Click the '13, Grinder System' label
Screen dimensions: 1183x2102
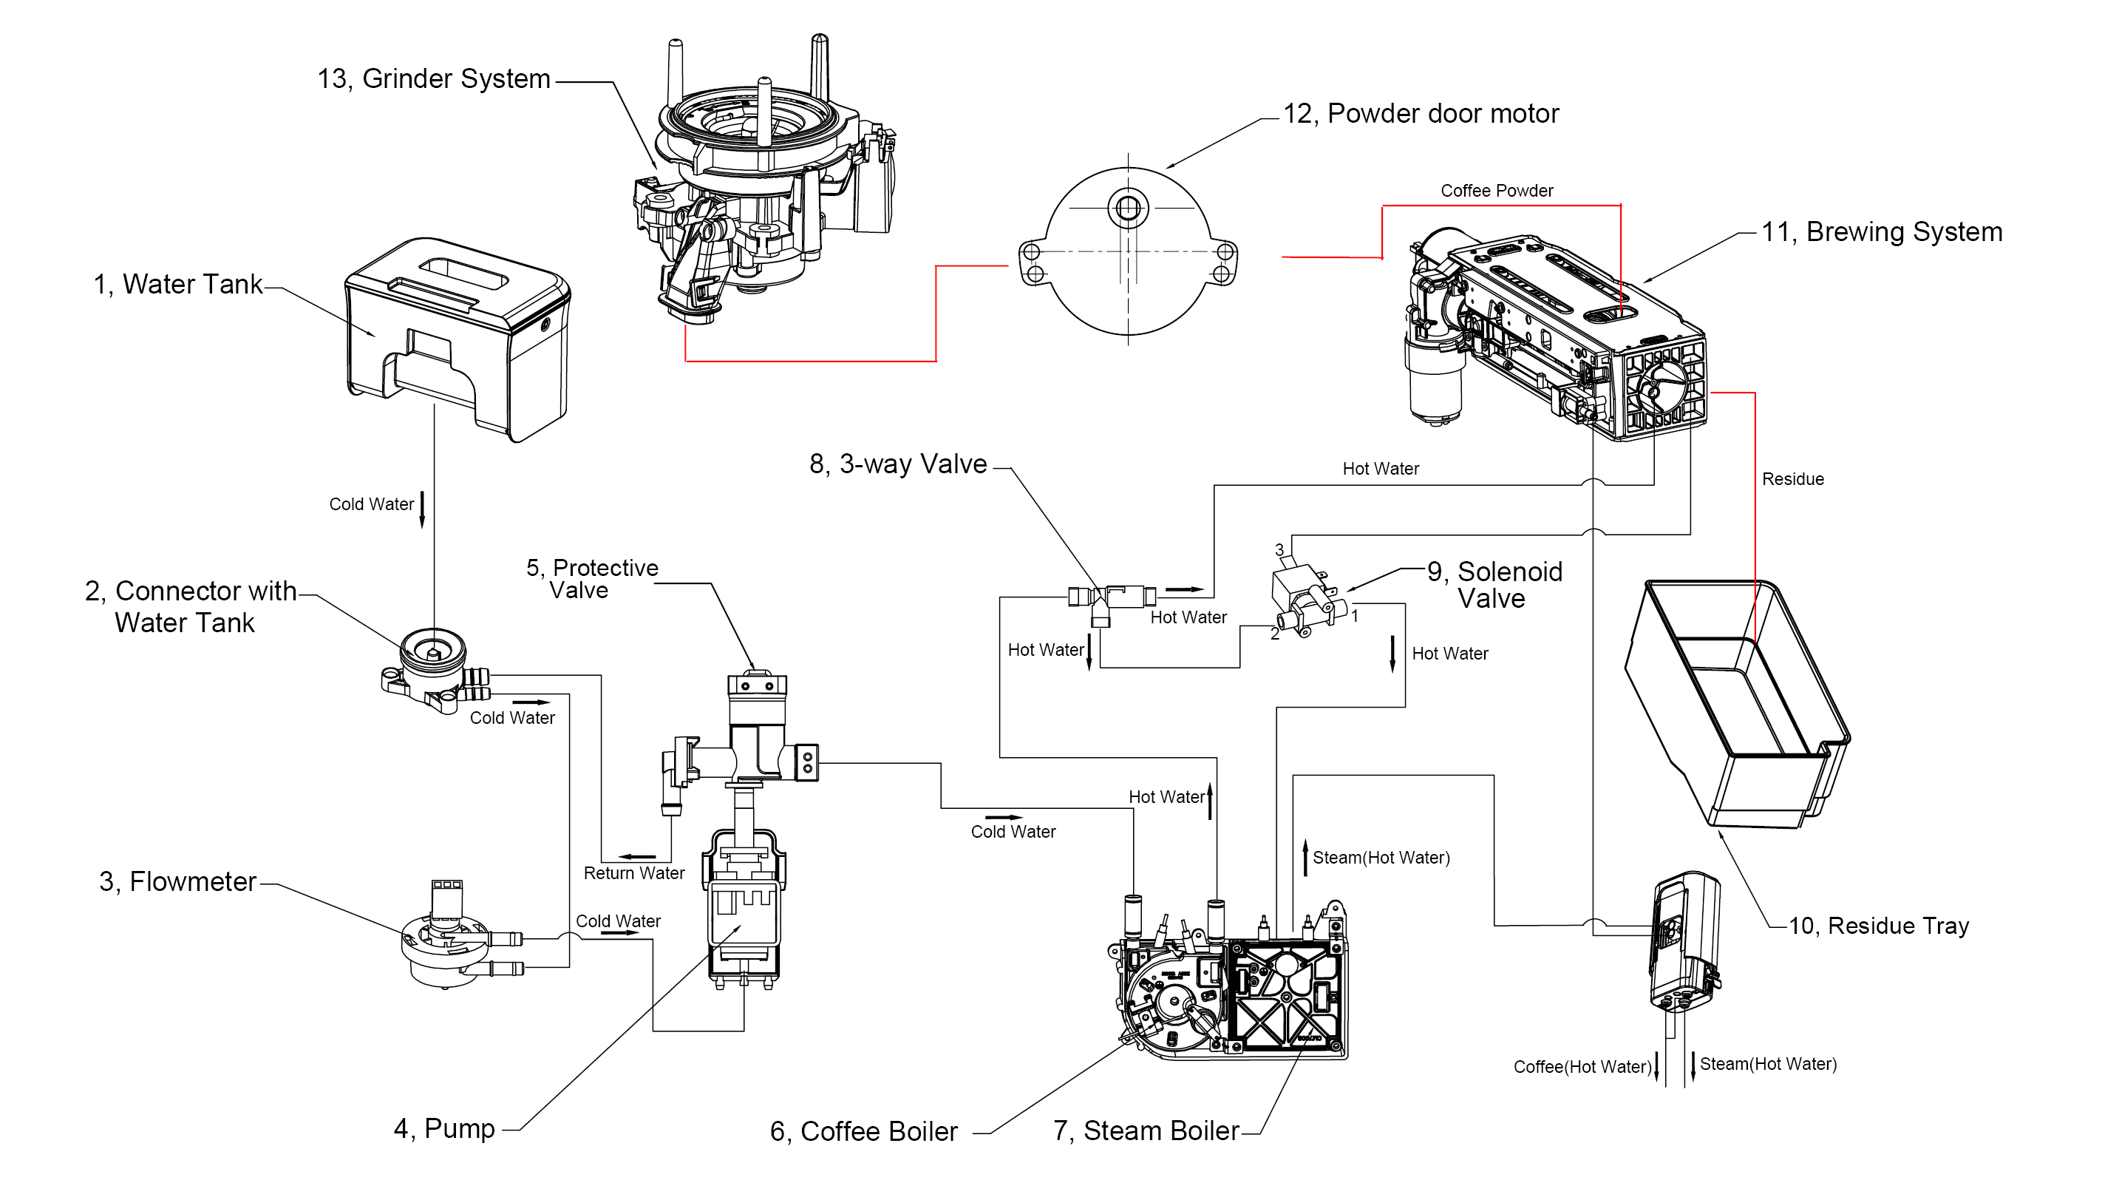[x=433, y=79]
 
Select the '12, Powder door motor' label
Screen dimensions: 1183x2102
[x=1420, y=113]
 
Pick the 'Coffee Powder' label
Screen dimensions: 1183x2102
[x=1497, y=191]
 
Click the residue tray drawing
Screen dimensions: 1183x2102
[x=1738, y=702]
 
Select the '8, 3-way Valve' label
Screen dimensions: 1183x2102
[x=897, y=464]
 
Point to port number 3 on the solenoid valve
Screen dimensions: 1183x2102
[x=1279, y=550]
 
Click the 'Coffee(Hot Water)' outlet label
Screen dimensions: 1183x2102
[x=1582, y=1067]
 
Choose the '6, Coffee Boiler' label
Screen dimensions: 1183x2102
[x=863, y=1131]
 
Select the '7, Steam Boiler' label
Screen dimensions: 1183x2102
[x=1146, y=1131]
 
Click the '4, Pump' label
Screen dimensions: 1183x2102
[x=444, y=1129]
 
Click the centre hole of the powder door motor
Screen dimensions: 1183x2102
[x=1128, y=209]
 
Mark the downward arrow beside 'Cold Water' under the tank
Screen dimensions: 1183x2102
[x=422, y=509]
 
